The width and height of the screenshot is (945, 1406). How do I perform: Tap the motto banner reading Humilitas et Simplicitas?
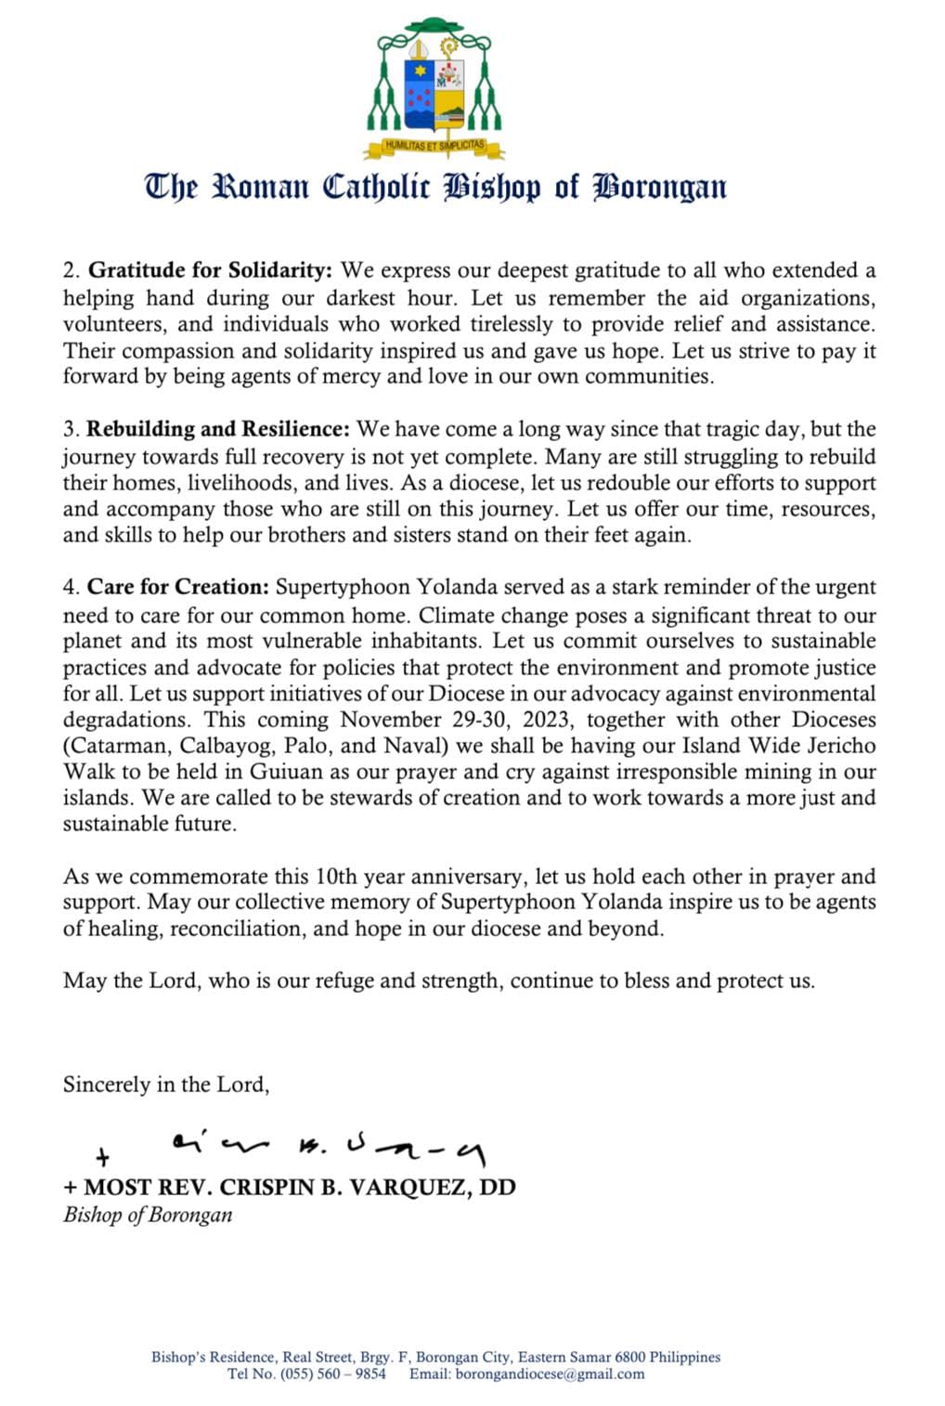pyautogui.click(x=435, y=146)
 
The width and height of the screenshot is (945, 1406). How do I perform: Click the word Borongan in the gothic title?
pyautogui.click(x=660, y=187)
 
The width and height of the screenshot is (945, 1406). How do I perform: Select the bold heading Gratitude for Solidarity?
pyautogui.click(x=210, y=270)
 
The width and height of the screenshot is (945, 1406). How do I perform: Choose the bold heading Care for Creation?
pyautogui.click(x=178, y=587)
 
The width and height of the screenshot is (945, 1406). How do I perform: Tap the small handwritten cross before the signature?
pyautogui.click(x=103, y=1157)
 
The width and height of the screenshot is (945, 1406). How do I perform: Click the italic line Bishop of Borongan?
pyautogui.click(x=148, y=1215)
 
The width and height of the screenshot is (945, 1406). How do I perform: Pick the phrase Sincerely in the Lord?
pyautogui.click(x=166, y=1084)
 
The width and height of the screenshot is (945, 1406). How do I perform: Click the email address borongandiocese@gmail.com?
pyautogui.click(x=550, y=1374)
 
